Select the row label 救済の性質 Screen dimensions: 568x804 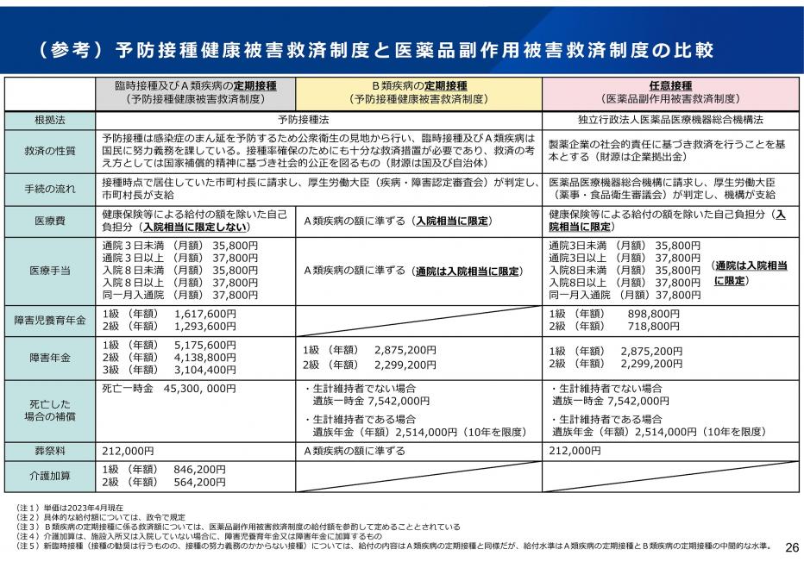pyautogui.click(x=50, y=150)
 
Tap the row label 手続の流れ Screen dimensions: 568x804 pyautogui.click(x=50, y=189)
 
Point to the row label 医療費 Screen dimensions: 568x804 pyautogui.click(x=50, y=222)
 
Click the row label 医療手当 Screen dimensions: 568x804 pyautogui.click(x=50, y=270)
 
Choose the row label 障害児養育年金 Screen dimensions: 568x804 pyautogui.click(x=50, y=320)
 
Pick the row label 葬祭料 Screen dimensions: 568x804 pyautogui.click(x=50, y=450)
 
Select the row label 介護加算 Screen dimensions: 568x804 pyautogui.click(x=50, y=475)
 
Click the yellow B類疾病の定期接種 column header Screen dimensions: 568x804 pyautogui.click(x=418, y=92)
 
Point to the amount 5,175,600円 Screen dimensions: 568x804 pyautogui.click(x=205, y=345)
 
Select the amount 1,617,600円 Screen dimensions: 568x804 pyautogui.click(x=205, y=314)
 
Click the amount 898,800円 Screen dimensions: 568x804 pyautogui.click(x=650, y=314)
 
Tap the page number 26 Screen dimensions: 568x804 pyautogui.click(x=790, y=547)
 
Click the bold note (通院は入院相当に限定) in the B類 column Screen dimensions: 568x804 pyautogui.click(x=468, y=271)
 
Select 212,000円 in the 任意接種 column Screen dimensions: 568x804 pyautogui.click(x=574, y=450)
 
